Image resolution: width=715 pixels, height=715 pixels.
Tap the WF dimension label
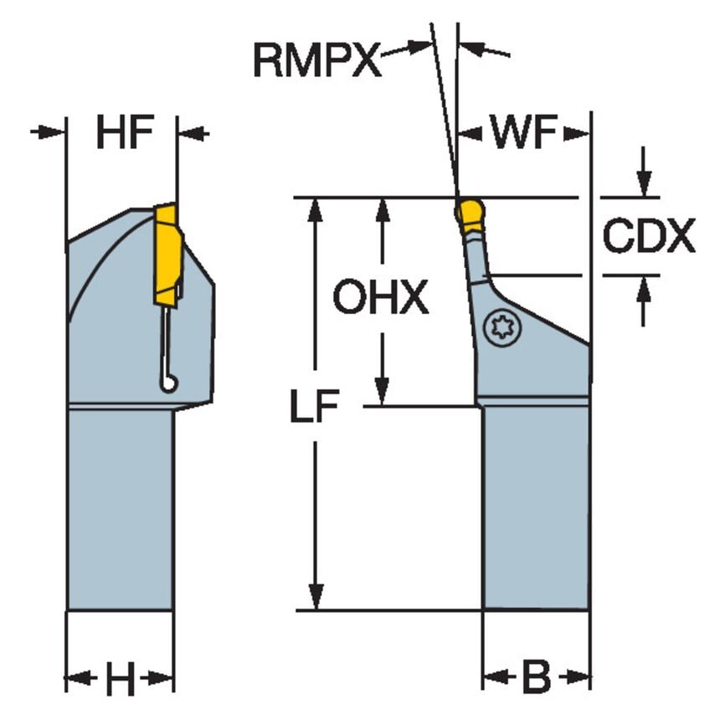click(524, 134)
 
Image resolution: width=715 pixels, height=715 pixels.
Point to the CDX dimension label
click(649, 237)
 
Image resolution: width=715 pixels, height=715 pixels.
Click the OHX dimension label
click(381, 297)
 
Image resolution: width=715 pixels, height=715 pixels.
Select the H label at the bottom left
click(120, 679)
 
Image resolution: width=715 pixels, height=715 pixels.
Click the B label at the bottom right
click(536, 676)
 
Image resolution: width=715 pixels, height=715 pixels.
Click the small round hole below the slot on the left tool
click(169, 383)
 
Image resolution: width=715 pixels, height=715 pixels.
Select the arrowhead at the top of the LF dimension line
click(316, 208)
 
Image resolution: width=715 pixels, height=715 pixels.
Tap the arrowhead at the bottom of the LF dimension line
click(316, 599)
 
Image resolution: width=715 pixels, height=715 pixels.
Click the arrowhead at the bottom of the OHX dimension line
click(382, 394)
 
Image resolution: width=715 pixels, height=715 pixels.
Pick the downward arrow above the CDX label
click(644, 187)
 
